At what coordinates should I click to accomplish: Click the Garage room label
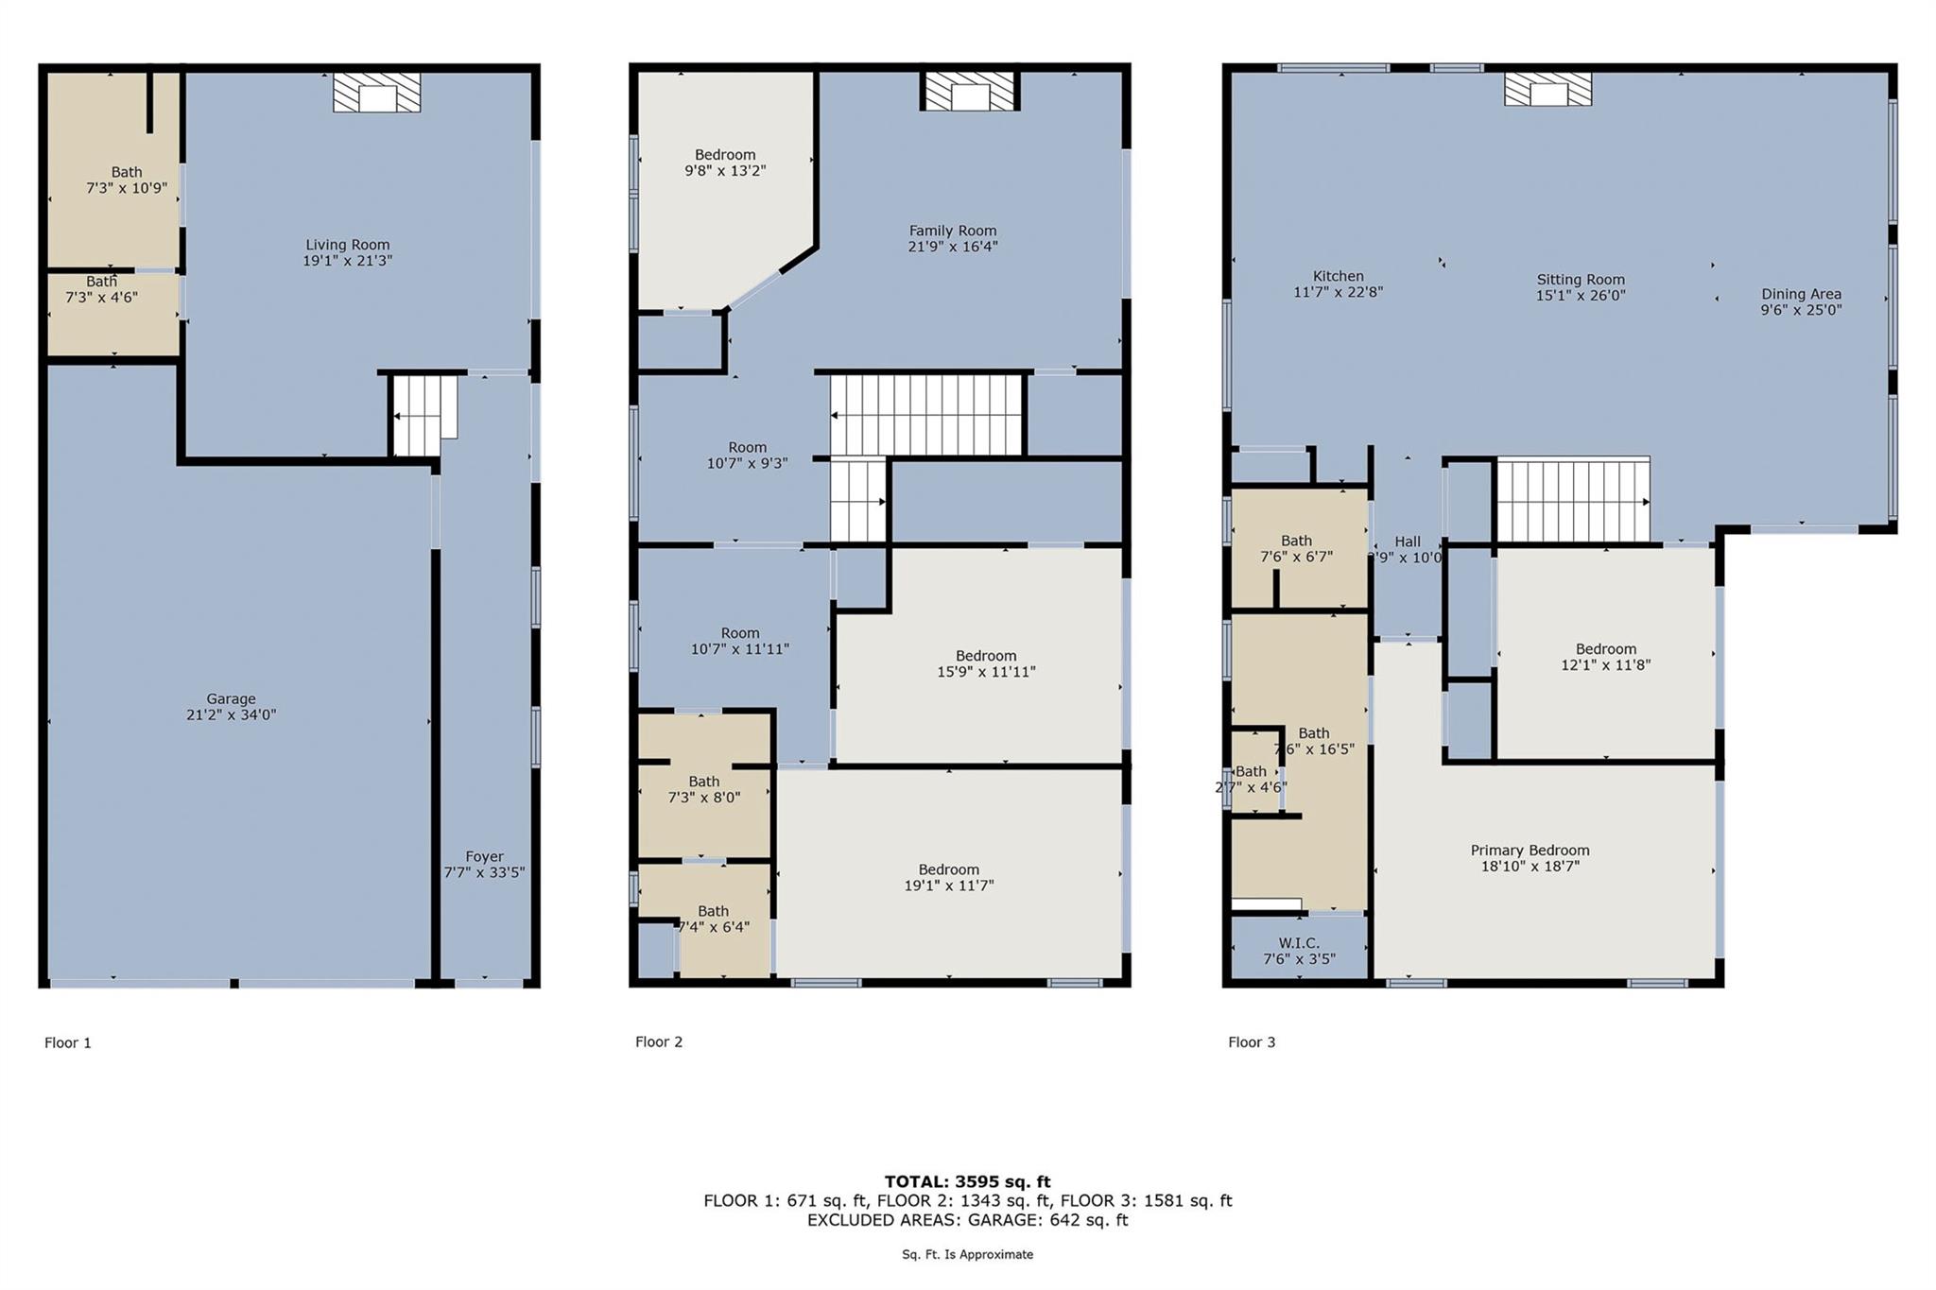pyautogui.click(x=231, y=699)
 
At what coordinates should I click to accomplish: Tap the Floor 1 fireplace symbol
pyautogui.click(x=376, y=94)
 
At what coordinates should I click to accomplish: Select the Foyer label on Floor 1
pyautogui.click(x=484, y=856)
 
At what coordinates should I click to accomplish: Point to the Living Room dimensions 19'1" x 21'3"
pyautogui.click(x=347, y=261)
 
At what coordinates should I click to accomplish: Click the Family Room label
pyautogui.click(x=952, y=231)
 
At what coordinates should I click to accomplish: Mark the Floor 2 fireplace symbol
pyautogui.click(x=970, y=93)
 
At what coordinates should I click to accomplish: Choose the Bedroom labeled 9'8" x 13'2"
pyautogui.click(x=725, y=163)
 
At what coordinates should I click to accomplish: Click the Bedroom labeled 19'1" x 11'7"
pyautogui.click(x=948, y=877)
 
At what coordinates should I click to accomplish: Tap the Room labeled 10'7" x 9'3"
pyautogui.click(x=747, y=455)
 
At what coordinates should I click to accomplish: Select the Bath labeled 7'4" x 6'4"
pyautogui.click(x=713, y=919)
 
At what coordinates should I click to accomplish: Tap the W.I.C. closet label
pyautogui.click(x=1299, y=951)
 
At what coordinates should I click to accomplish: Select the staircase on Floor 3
pyautogui.click(x=1573, y=500)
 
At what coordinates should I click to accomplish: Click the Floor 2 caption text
pyautogui.click(x=659, y=1041)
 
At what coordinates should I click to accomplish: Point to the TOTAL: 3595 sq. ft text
pyautogui.click(x=967, y=1181)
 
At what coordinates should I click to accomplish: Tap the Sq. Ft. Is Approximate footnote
pyautogui.click(x=967, y=1254)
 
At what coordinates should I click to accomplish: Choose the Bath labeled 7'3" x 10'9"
pyautogui.click(x=126, y=180)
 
